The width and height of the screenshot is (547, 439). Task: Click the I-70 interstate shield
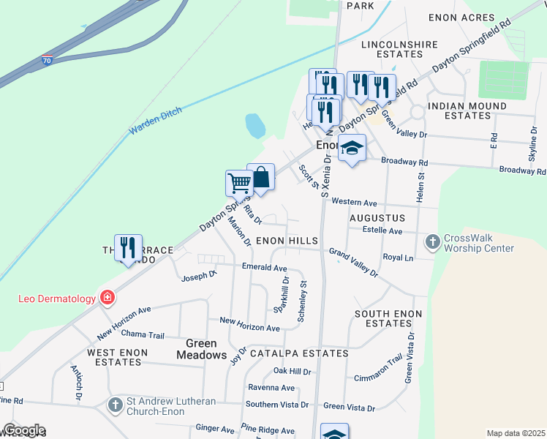(x=47, y=62)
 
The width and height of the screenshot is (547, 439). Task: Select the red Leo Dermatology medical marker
(x=107, y=298)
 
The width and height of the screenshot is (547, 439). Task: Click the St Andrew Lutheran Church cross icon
(x=115, y=404)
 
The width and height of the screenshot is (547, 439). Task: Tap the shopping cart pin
(x=239, y=183)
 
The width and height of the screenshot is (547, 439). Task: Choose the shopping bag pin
(x=260, y=177)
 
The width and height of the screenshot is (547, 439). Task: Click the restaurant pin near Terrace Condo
(x=128, y=247)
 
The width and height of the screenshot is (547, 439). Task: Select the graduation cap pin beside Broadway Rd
(x=352, y=148)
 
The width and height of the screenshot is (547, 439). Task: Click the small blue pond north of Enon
(x=255, y=126)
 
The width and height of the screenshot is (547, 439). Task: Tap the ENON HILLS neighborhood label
(x=286, y=241)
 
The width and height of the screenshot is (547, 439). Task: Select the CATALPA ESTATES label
(x=298, y=353)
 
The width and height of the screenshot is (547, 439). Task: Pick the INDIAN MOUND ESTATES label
(x=467, y=110)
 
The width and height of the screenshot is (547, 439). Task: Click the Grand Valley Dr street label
(x=353, y=262)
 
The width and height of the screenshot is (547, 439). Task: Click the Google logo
(x=23, y=430)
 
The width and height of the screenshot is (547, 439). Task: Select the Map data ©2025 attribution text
(x=515, y=433)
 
